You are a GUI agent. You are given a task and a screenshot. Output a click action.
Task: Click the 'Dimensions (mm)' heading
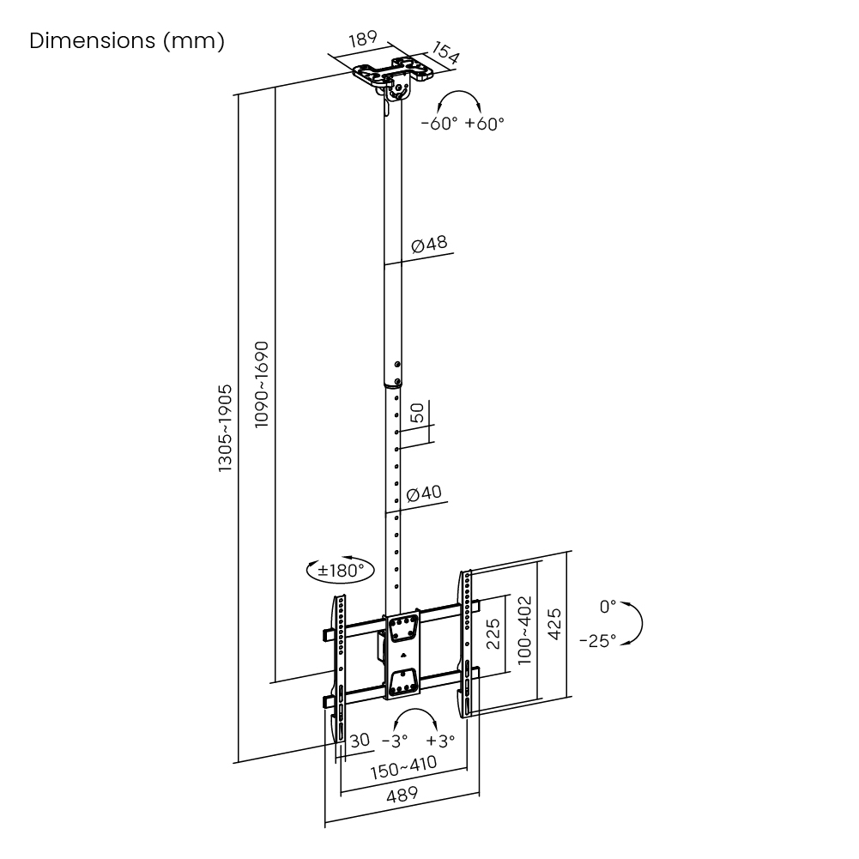[x=127, y=41]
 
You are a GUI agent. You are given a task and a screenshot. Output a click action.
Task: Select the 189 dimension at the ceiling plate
[x=362, y=42]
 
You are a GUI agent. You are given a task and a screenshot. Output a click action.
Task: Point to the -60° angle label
[x=439, y=124]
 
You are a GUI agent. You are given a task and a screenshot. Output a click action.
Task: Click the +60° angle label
[x=485, y=124]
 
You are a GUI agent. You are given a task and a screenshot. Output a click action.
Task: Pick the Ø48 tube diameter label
[x=429, y=245]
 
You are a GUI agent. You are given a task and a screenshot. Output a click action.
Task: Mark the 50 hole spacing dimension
[x=417, y=413]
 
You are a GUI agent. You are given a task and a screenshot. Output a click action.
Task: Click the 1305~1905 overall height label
[x=225, y=427]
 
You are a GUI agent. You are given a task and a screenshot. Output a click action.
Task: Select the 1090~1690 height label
[x=262, y=385]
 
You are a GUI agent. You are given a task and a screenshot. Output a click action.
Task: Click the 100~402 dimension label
[x=525, y=629]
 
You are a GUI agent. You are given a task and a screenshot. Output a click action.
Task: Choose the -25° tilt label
[x=597, y=640]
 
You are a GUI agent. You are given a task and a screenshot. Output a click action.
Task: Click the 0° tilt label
[x=608, y=607]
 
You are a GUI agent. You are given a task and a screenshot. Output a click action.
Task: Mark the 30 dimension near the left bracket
[x=360, y=740]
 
